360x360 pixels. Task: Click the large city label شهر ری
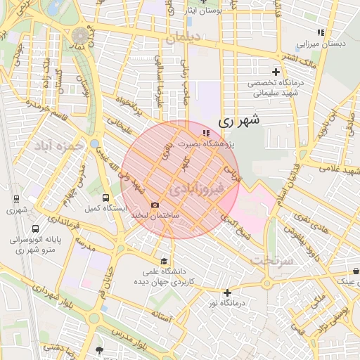point(239,120)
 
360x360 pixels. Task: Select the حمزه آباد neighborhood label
point(56,146)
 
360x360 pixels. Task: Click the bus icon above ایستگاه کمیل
point(105,198)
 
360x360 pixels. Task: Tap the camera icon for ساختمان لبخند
point(154,204)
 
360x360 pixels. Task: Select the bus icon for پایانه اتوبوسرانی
point(35,229)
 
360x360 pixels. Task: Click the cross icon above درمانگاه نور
point(227,292)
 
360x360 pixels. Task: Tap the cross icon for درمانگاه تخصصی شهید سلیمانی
point(276,72)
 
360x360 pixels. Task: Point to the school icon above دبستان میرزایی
point(321,32)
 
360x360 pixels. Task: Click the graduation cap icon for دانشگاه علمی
point(164,261)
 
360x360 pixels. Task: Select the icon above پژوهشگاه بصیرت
point(205,132)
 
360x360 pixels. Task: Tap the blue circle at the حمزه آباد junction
point(94,144)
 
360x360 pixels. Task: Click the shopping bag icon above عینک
point(355,271)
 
